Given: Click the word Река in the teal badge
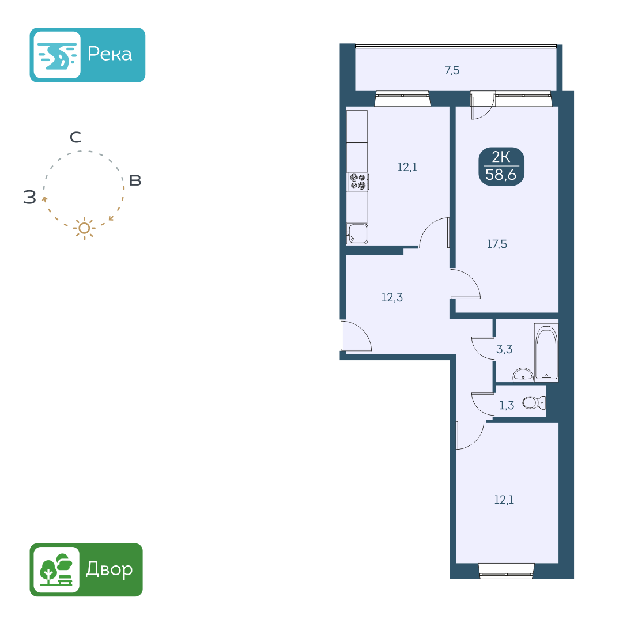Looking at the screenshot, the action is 110,54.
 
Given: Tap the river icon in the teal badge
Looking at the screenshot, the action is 56,55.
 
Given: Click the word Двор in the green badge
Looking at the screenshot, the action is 109,569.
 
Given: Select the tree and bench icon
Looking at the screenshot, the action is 56,569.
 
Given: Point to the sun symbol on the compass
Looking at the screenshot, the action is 84,228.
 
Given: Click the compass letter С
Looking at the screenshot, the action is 75,138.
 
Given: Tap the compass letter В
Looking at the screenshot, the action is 135,180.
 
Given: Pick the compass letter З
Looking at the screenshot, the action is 29,198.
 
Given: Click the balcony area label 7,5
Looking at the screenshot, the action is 452,71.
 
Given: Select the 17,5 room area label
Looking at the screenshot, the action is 497,244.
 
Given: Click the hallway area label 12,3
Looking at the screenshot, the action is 392,298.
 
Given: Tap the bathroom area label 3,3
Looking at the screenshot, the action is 504,349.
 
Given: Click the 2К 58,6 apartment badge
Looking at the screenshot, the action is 501,166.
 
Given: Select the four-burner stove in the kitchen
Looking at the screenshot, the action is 357,182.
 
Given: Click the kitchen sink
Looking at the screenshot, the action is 357,234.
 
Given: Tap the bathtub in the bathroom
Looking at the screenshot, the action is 546,352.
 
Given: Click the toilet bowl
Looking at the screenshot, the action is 533,402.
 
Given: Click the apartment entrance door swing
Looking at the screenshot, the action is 356,337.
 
